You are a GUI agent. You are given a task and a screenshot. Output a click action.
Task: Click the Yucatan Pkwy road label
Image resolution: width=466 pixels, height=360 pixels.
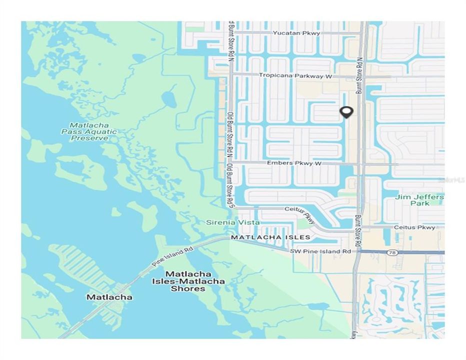pyautogui.click(x=290, y=33)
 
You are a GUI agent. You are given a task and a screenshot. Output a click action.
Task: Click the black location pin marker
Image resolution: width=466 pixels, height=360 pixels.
pyautogui.click(x=345, y=112)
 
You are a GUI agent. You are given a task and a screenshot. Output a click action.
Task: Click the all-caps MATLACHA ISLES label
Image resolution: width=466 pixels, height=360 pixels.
pyautogui.click(x=270, y=237)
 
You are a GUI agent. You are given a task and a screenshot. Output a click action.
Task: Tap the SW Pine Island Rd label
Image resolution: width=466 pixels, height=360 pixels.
pyautogui.click(x=320, y=251)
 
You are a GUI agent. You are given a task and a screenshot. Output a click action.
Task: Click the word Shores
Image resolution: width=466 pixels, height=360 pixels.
pyautogui.click(x=188, y=288)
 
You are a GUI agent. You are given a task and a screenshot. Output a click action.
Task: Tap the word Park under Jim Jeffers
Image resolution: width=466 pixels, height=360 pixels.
pyautogui.click(x=419, y=203)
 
